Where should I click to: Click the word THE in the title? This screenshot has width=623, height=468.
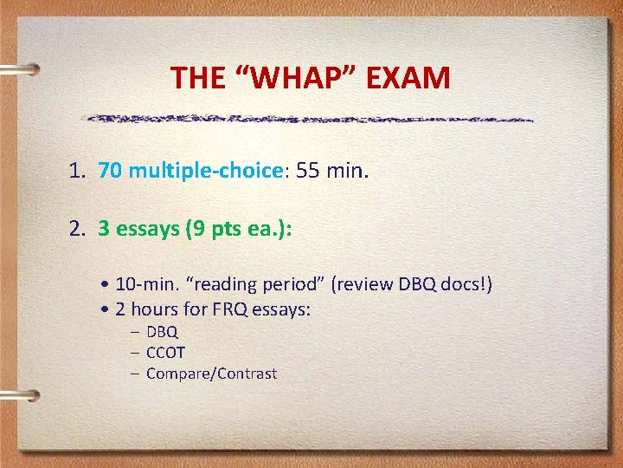pyautogui.click(x=199, y=78)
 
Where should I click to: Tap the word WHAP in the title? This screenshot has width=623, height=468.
pyautogui.click(x=294, y=78)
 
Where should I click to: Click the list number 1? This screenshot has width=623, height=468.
pyautogui.click(x=76, y=171)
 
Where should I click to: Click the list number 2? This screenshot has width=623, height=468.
pyautogui.click(x=76, y=230)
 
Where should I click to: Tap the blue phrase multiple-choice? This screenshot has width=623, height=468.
pyautogui.click(x=206, y=171)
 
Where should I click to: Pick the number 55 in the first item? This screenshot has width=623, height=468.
pyautogui.click(x=308, y=171)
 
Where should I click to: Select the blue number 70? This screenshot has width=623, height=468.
pyautogui.click(x=110, y=171)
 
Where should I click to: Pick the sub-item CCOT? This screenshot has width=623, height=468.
pyautogui.click(x=165, y=353)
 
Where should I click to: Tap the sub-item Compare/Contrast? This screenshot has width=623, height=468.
pyautogui.click(x=211, y=374)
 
